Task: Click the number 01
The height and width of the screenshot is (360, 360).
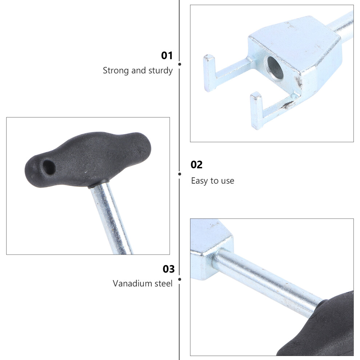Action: tap(167, 56)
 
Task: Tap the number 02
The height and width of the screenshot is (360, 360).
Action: tap(196, 165)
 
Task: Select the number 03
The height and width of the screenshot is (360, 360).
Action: tap(169, 269)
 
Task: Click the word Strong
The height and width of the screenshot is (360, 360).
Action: tap(116, 71)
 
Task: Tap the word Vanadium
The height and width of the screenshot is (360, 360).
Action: tap(132, 283)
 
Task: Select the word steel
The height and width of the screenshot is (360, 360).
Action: tap(164, 283)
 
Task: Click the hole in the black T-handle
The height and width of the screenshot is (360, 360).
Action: tap(49, 167)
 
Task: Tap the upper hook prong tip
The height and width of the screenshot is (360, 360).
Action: tap(209, 57)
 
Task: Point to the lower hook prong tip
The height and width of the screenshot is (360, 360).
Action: tap(256, 95)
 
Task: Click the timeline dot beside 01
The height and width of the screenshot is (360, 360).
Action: tap(180, 64)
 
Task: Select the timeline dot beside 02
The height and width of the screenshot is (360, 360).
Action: tap(180, 174)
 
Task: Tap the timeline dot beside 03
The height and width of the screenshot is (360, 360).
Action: tap(180, 279)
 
